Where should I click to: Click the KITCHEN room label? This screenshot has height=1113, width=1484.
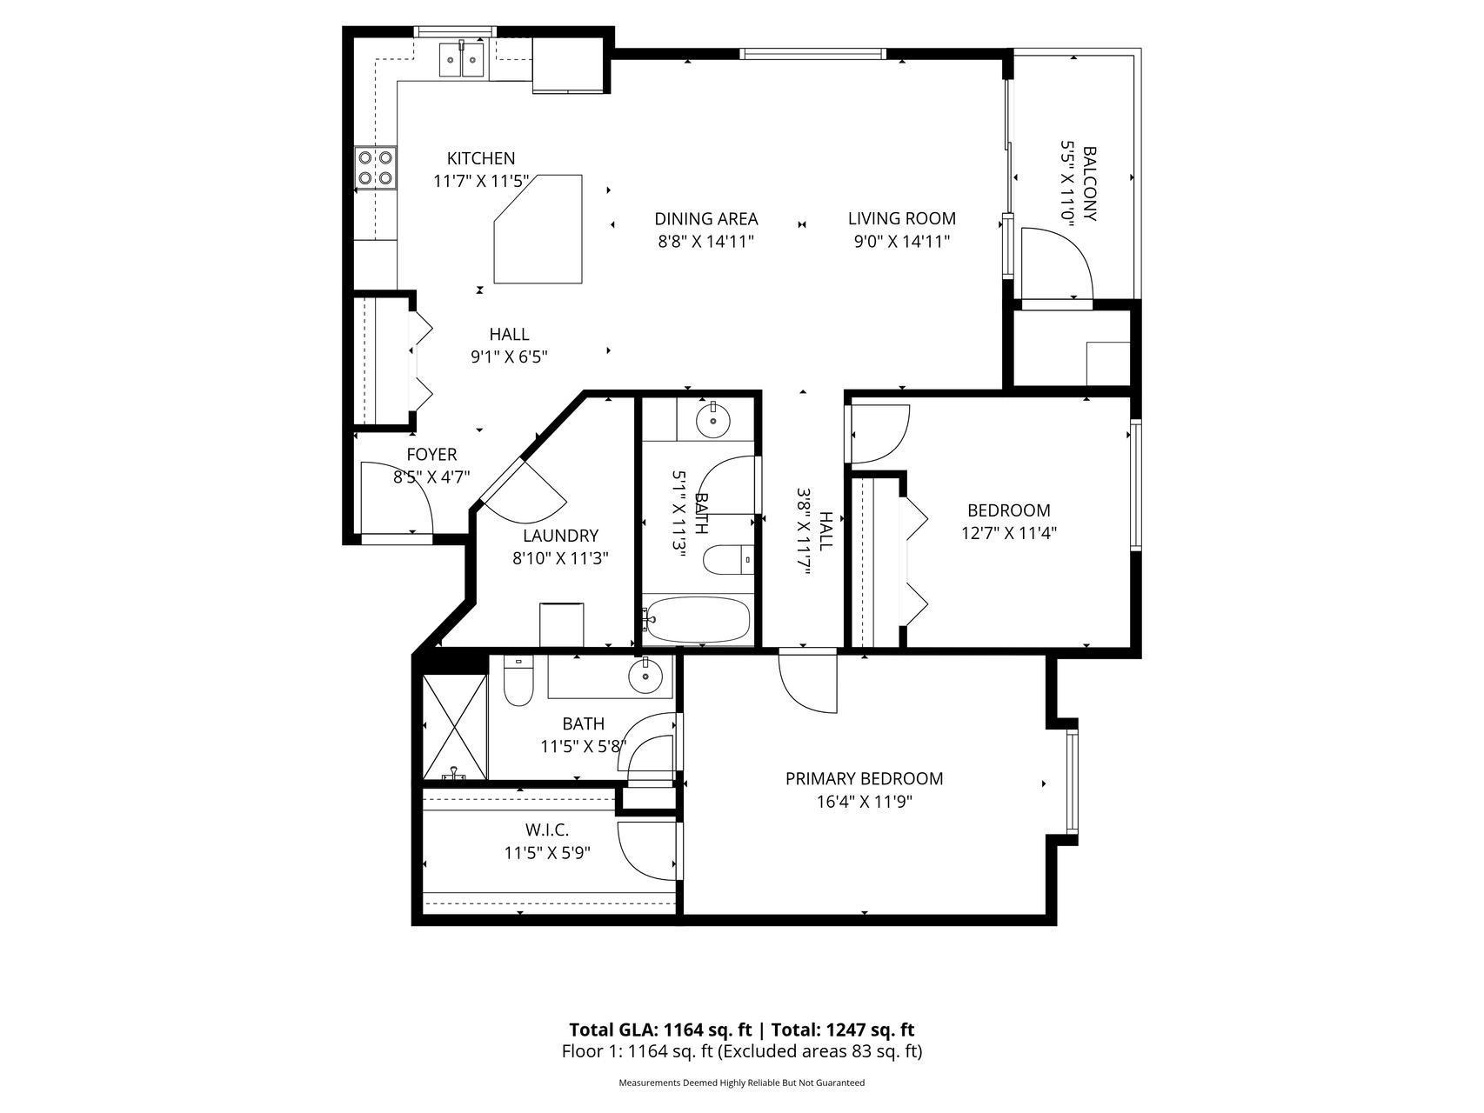[480, 158]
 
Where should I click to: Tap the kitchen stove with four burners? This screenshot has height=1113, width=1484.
[376, 168]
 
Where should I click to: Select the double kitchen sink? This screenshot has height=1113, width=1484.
[461, 59]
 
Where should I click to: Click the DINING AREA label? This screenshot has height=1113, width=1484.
[706, 219]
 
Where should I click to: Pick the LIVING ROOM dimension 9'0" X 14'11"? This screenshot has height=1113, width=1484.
[901, 241]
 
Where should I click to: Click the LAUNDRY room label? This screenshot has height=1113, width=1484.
[560, 537]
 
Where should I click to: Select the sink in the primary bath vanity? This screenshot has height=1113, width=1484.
[646, 676]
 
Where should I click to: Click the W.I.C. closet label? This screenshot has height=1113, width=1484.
[547, 830]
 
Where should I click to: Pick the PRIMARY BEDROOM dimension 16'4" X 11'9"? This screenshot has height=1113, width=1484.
[864, 801]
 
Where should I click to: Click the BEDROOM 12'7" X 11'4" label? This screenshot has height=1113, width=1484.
[1009, 522]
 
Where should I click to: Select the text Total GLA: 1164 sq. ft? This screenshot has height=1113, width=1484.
[660, 1030]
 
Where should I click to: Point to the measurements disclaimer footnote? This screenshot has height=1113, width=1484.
[742, 1083]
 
